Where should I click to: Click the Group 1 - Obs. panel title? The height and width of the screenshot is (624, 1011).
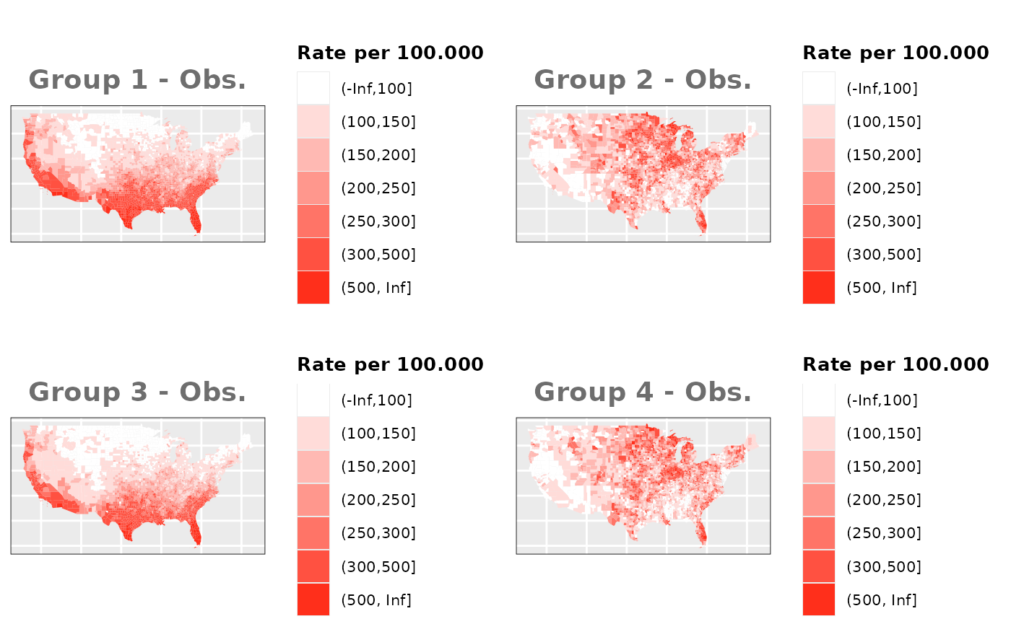pos(137,80)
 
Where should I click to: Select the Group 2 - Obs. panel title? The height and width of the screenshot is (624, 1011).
pos(643,80)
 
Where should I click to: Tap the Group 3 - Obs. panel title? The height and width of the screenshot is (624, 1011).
pos(137,392)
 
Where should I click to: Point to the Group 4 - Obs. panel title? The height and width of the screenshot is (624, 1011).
pos(643,392)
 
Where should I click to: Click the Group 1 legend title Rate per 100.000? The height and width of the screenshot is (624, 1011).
pos(390,53)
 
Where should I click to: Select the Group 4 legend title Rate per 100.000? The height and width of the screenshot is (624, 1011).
pos(895,364)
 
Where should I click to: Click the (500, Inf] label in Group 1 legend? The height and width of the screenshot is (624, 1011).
pos(376,288)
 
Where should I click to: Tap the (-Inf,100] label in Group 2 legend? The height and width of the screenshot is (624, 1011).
pos(882,89)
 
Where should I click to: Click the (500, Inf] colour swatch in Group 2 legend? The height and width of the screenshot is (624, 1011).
pos(818,288)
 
